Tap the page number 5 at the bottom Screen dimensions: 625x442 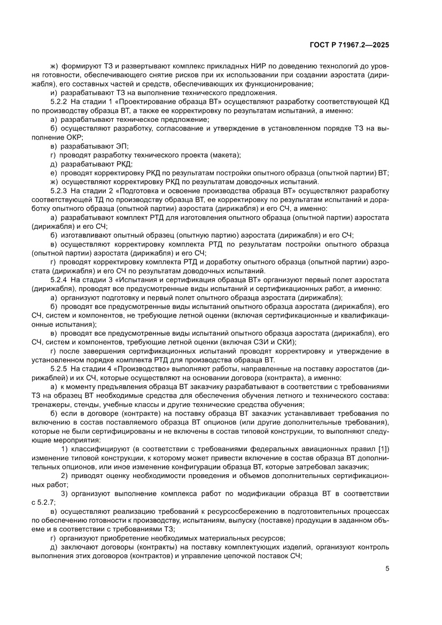point(387,568)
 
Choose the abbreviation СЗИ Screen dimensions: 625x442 point(263,342)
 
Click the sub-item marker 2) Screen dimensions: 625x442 point(64,477)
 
